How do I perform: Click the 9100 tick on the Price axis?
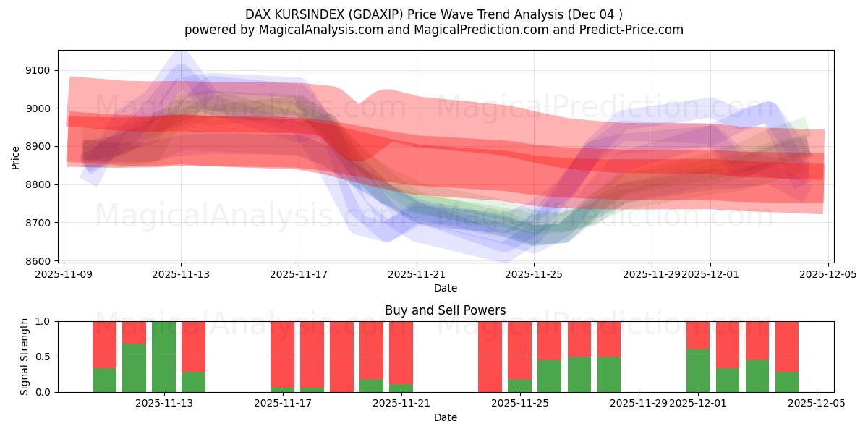pyautogui.click(x=39, y=70)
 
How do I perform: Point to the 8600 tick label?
pyautogui.click(x=39, y=261)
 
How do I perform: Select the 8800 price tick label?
pyautogui.click(x=39, y=185)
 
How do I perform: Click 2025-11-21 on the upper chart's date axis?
pyautogui.click(x=417, y=275)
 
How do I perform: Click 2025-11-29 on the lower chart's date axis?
pyautogui.click(x=639, y=404)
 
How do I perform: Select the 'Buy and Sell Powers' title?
pyautogui.click(x=446, y=310)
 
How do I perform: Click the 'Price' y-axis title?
pyautogui.click(x=16, y=157)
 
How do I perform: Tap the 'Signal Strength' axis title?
pyautogui.click(x=25, y=357)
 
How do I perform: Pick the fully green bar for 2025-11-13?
pyautogui.click(x=163, y=357)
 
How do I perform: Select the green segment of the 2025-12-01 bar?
pyautogui.click(x=698, y=370)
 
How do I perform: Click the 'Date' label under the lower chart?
pyautogui.click(x=446, y=417)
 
